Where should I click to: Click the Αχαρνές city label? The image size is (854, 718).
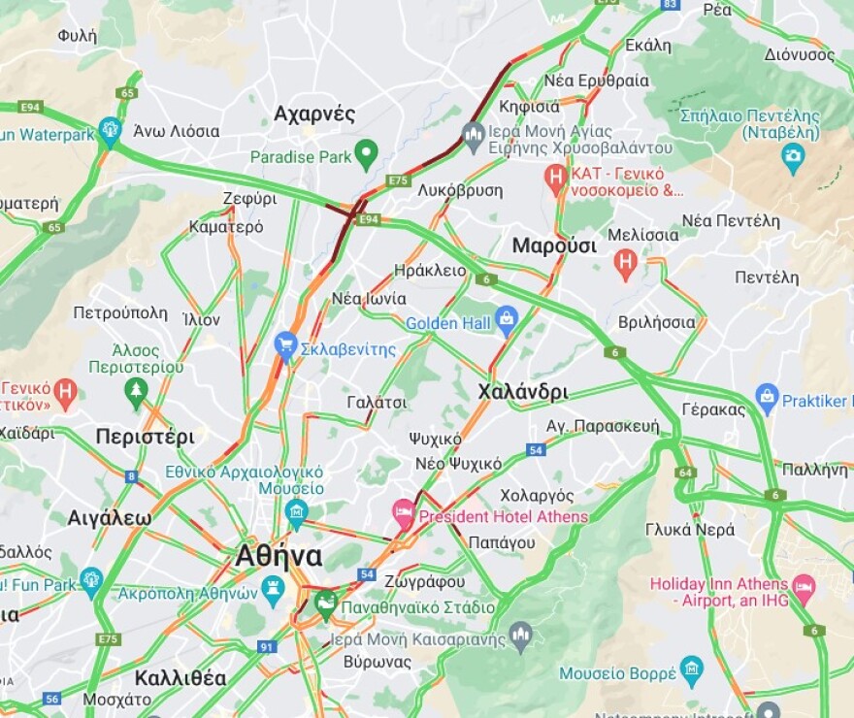pyautogui.click(x=314, y=114)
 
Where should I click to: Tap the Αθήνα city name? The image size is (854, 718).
pyautogui.click(x=279, y=556)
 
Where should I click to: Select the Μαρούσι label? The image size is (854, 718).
pyautogui.click(x=554, y=245)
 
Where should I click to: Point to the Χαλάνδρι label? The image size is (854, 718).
pyautogui.click(x=523, y=392)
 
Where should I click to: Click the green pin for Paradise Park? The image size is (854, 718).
pyautogui.click(x=366, y=152)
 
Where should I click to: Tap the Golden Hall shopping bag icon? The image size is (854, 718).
pyautogui.click(x=506, y=317)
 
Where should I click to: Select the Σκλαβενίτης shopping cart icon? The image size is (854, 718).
pyautogui.click(x=285, y=343)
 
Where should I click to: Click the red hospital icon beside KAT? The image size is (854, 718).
pyautogui.click(x=555, y=176)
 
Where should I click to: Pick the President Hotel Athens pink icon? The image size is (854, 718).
pyautogui.click(x=403, y=510)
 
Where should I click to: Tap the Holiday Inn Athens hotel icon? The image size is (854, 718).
pyautogui.click(x=804, y=585)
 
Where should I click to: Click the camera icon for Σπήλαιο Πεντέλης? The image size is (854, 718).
pyautogui.click(x=793, y=155)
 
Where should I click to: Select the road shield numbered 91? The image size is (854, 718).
pyautogui.click(x=267, y=646)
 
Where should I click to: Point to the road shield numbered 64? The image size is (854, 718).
pyautogui.click(x=686, y=473)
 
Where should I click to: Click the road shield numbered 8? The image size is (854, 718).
pyautogui.click(x=131, y=476)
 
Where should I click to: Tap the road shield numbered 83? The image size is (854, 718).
pyautogui.click(x=670, y=5)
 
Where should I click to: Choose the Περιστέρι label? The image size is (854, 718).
pyautogui.click(x=145, y=437)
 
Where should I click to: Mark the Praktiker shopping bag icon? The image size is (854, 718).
pyautogui.click(x=768, y=395)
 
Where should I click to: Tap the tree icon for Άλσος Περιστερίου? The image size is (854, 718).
pyautogui.click(x=136, y=391)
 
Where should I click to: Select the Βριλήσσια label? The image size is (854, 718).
pyautogui.click(x=656, y=322)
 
